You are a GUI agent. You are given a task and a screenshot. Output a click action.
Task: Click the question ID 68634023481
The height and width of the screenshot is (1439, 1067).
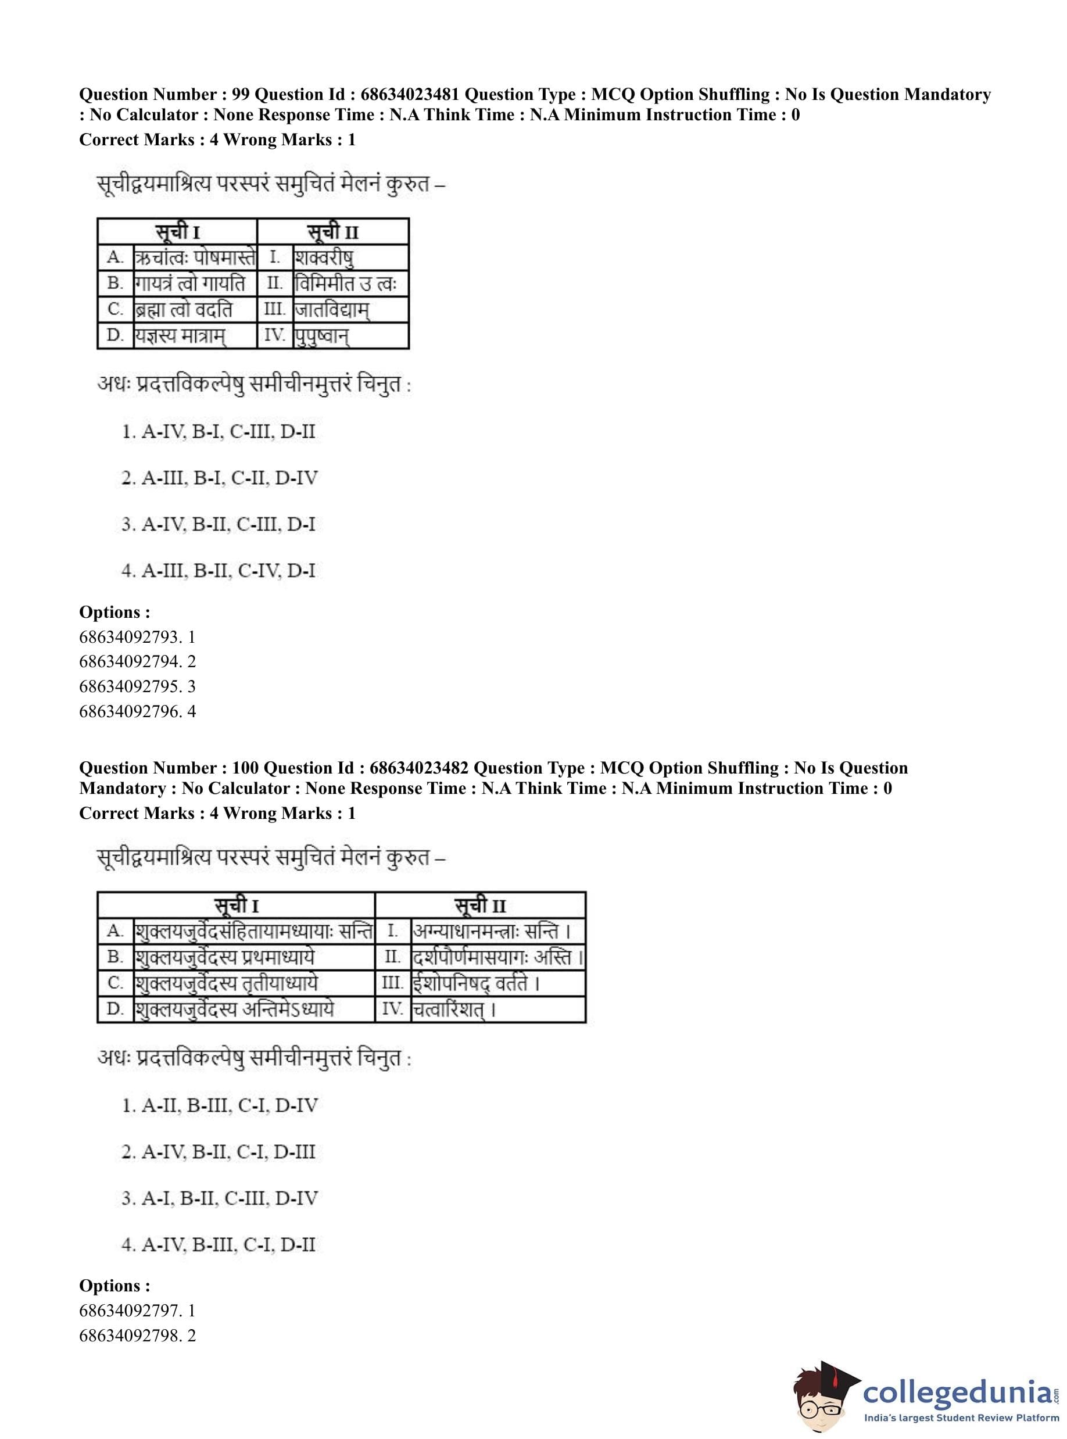click(410, 95)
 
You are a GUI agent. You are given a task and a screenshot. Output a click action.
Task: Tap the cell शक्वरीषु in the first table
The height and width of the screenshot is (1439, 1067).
click(324, 257)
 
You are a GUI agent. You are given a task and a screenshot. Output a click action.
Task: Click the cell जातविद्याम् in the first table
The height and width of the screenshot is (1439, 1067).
click(332, 310)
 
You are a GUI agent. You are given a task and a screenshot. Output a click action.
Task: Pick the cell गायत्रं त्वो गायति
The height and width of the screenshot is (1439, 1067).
click(190, 284)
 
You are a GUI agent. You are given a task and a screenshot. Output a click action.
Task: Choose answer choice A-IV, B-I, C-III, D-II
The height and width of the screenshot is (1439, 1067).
click(219, 431)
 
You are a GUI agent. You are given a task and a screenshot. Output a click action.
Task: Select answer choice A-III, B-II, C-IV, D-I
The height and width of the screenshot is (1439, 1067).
click(219, 571)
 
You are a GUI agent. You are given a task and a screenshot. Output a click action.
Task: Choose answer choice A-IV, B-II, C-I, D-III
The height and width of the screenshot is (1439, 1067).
click(219, 1152)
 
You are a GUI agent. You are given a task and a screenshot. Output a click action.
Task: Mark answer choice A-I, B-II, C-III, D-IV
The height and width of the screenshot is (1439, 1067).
click(220, 1199)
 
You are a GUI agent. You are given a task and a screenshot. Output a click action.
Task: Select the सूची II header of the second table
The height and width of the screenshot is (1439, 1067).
click(480, 905)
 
